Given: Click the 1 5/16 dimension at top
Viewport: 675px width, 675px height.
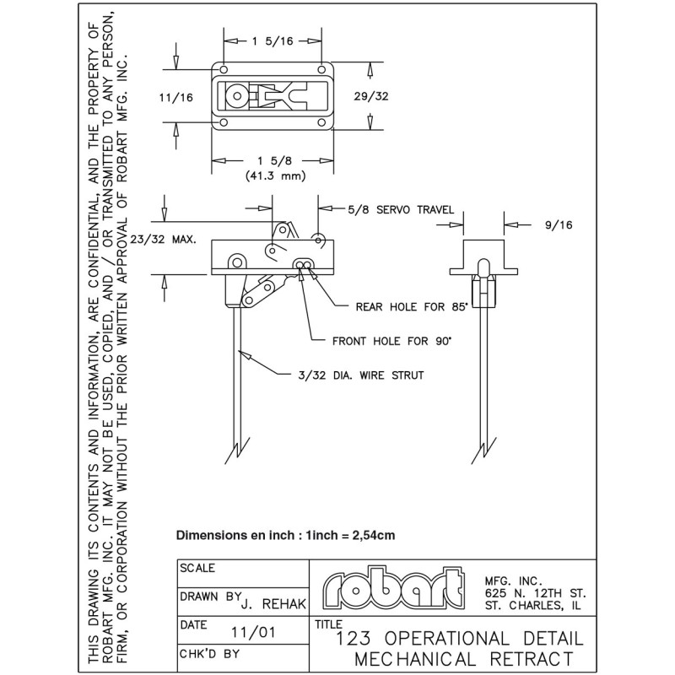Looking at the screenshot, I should click(273, 40).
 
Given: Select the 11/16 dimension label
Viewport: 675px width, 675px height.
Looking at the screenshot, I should click(176, 98).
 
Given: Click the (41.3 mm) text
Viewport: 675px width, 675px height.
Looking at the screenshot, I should click(275, 176).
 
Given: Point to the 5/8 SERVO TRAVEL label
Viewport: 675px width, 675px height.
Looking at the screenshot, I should click(400, 209).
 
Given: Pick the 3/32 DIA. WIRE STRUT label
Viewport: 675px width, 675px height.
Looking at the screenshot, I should click(363, 375).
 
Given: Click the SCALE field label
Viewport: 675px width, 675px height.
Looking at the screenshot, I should click(197, 569).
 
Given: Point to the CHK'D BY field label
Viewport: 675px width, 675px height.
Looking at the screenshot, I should click(210, 654).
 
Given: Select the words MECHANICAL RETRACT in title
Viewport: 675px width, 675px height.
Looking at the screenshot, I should click(465, 657).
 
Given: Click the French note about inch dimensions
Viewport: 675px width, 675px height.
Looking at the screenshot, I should click(285, 535).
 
